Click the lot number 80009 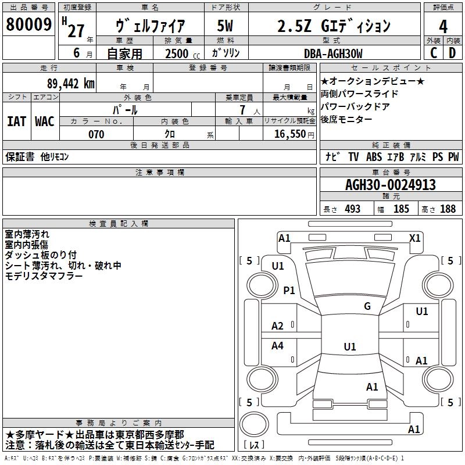(29, 25)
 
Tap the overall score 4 (443, 26)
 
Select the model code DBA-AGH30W (333, 53)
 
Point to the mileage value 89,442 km (70, 83)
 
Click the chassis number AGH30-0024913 (390, 185)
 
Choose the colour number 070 (96, 134)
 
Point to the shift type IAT (16, 121)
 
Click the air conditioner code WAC (44, 121)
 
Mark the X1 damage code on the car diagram (414, 238)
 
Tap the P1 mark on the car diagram (289, 291)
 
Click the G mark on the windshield (367, 306)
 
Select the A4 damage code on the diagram (278, 346)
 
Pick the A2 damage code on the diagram (278, 326)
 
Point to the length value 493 (352, 209)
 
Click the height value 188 (448, 209)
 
